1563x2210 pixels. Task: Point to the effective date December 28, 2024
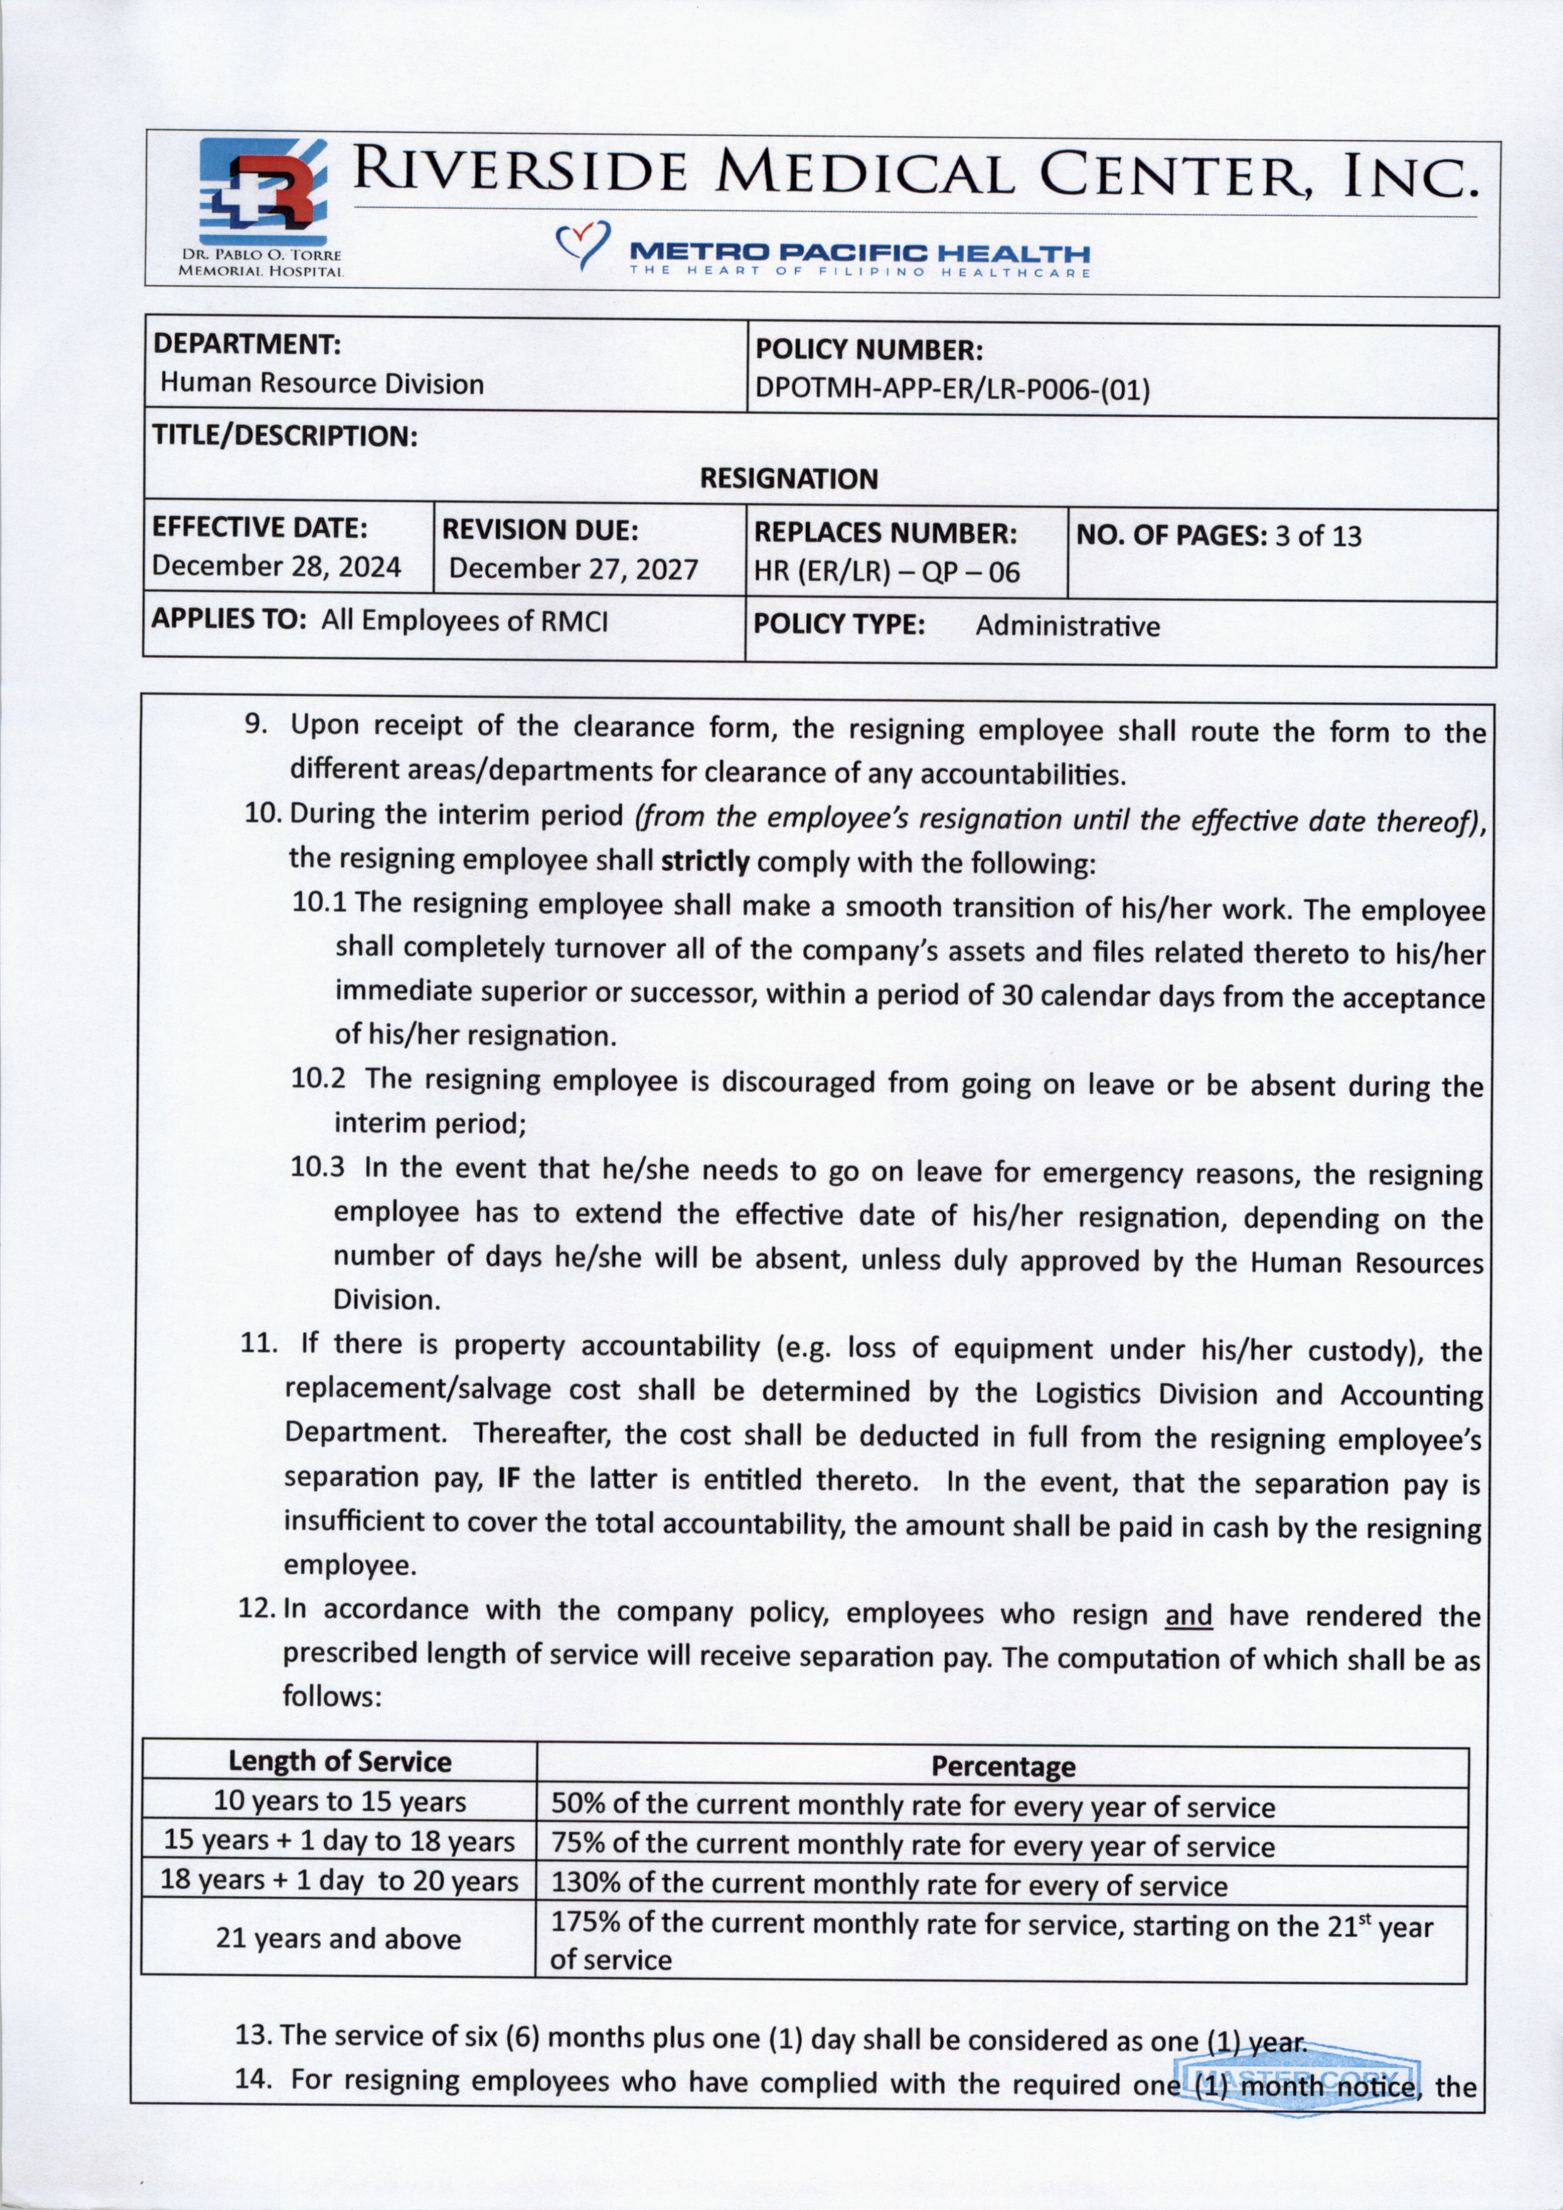pyautogui.click(x=276, y=566)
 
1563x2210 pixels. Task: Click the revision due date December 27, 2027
pyautogui.click(x=573, y=569)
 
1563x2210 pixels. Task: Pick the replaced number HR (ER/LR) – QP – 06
pyautogui.click(x=886, y=572)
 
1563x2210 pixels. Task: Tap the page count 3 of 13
pyautogui.click(x=1318, y=536)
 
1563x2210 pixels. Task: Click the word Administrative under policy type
pyautogui.click(x=1068, y=626)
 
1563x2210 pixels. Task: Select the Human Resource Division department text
pyautogui.click(x=321, y=383)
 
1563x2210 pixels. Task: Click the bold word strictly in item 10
pyautogui.click(x=705, y=861)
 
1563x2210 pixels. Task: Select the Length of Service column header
pyautogui.click(x=340, y=1761)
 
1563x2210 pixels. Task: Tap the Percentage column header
pyautogui.click(x=1002, y=1766)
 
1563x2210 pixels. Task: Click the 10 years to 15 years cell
pyautogui.click(x=340, y=1801)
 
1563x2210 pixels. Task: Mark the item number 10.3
pyautogui.click(x=318, y=1168)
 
